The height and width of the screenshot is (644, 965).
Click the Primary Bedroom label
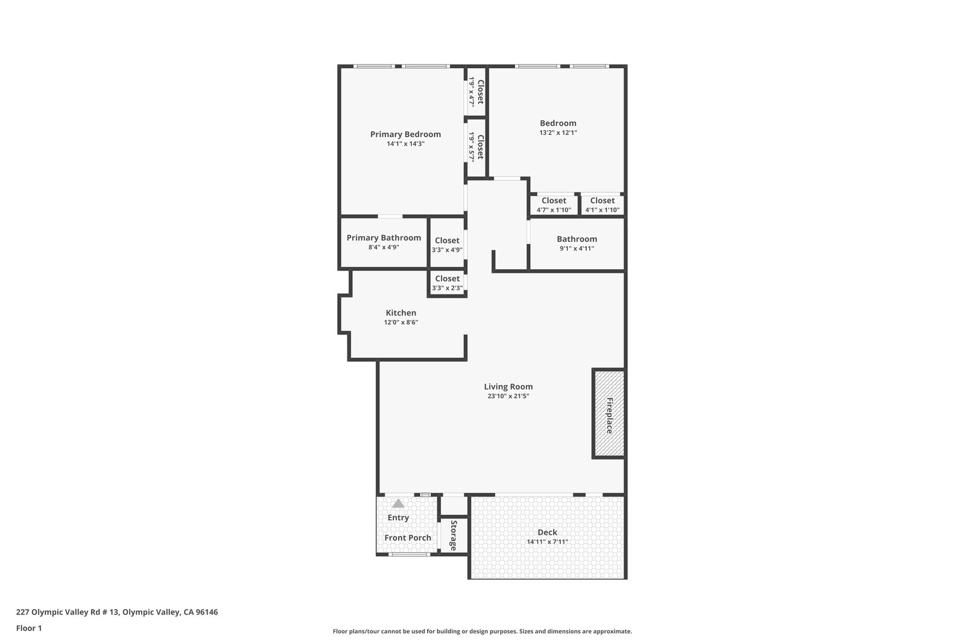point(405,135)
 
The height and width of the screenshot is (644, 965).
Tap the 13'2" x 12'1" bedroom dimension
point(558,133)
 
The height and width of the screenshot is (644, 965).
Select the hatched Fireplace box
point(609,413)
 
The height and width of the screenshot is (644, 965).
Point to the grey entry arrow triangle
point(398,503)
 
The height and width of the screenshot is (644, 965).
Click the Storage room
point(454,535)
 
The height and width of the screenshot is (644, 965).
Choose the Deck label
point(547,532)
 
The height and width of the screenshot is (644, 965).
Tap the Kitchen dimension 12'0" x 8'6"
point(401,322)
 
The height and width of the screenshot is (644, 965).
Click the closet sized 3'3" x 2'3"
point(447,283)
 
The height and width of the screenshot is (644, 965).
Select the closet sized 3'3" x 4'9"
point(447,242)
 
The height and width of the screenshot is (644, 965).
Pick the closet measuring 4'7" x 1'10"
point(554,205)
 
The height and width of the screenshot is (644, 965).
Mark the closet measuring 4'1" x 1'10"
point(603,205)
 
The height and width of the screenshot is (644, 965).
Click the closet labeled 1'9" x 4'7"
point(476,91)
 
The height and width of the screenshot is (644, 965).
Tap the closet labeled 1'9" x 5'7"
point(476,147)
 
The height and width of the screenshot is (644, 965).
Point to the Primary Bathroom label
point(384,238)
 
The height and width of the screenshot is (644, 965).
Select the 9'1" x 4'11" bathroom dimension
point(577,248)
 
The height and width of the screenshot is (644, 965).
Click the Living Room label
point(508,387)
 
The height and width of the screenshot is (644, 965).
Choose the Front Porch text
point(408,538)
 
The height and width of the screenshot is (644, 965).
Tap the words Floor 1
point(29,628)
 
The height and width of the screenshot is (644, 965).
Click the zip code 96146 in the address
point(207,612)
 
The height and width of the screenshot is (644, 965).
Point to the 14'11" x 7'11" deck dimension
point(547,542)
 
